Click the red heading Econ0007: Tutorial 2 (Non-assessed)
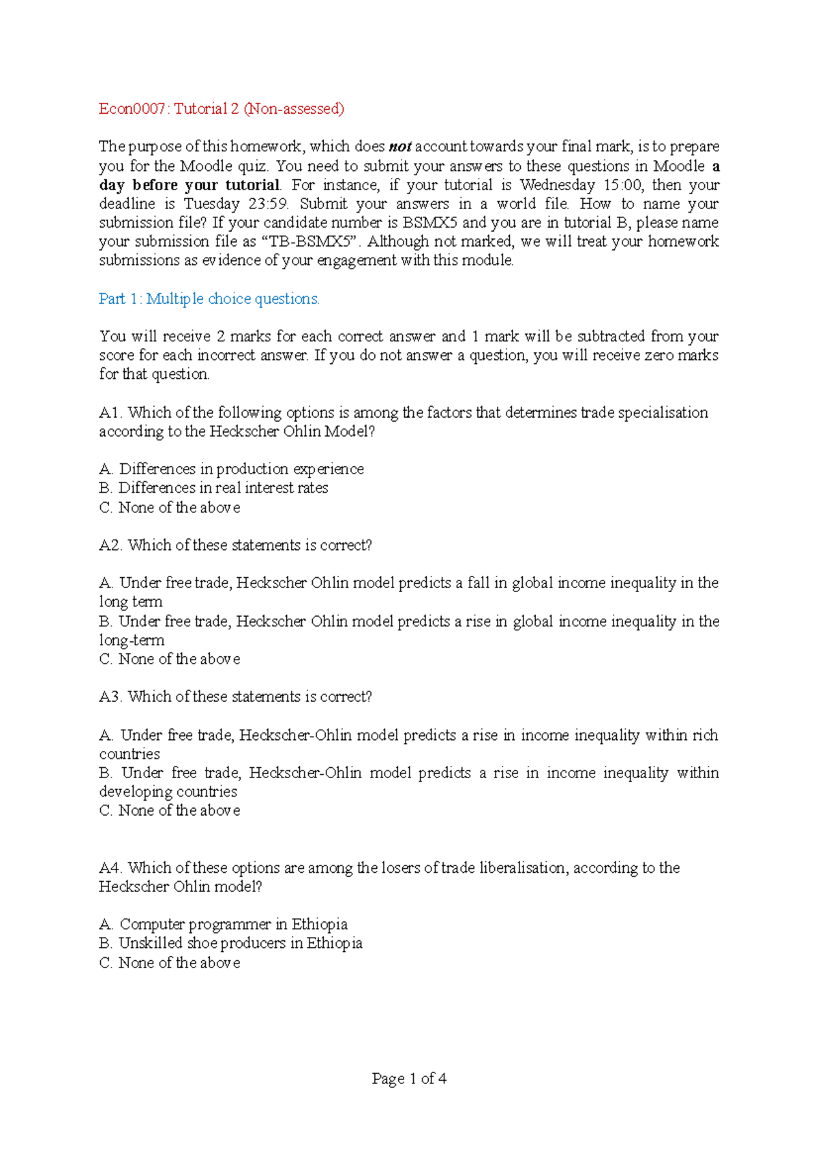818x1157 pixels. [222, 108]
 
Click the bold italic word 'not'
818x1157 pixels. [400, 146]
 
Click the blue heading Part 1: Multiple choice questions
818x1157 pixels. [209, 298]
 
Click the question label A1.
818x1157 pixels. [110, 412]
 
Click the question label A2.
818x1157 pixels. [110, 545]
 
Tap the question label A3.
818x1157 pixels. [110, 696]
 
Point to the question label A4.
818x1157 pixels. [110, 867]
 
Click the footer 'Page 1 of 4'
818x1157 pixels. [409, 1079]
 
